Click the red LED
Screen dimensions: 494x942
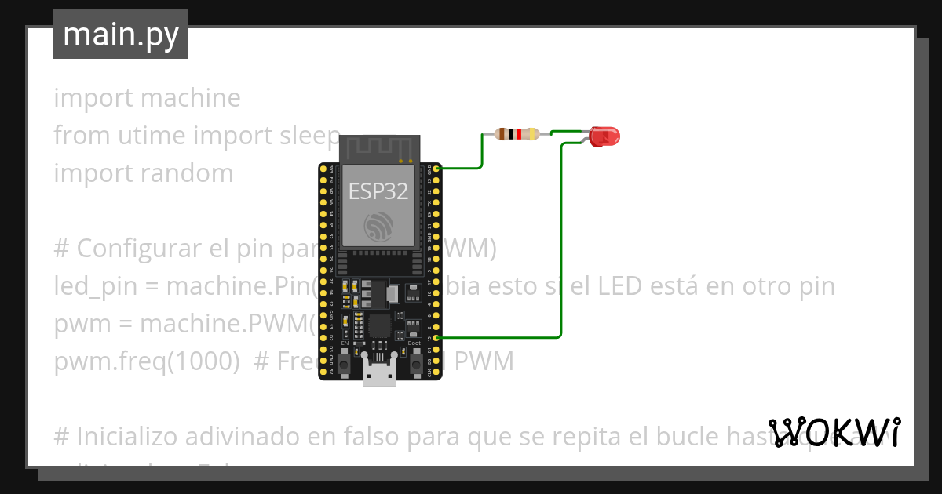pyautogui.click(x=604, y=136)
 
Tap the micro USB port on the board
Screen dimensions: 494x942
pyautogui.click(x=379, y=374)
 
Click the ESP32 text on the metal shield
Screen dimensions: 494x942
pyautogui.click(x=378, y=191)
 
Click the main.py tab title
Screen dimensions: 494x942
pyautogui.click(x=121, y=35)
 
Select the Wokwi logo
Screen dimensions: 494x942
pyautogui.click(x=834, y=432)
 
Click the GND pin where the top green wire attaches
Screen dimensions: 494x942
pyautogui.click(x=437, y=169)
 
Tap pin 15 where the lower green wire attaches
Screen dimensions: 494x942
pyautogui.click(x=437, y=337)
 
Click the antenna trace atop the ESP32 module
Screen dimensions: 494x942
pyautogui.click(x=380, y=147)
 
